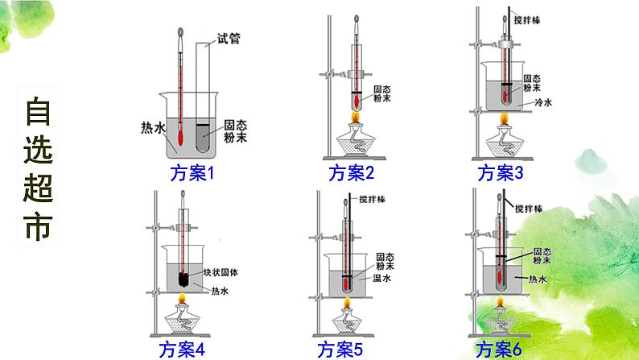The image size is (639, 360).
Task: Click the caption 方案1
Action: click(190, 172)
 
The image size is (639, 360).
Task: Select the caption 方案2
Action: click(352, 172)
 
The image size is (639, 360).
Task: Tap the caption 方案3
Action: click(500, 172)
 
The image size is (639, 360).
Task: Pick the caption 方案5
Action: click(340, 348)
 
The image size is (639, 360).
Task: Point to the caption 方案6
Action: click(500, 348)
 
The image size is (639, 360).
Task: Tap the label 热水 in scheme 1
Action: click(152, 126)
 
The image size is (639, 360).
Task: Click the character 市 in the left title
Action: click(37, 227)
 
